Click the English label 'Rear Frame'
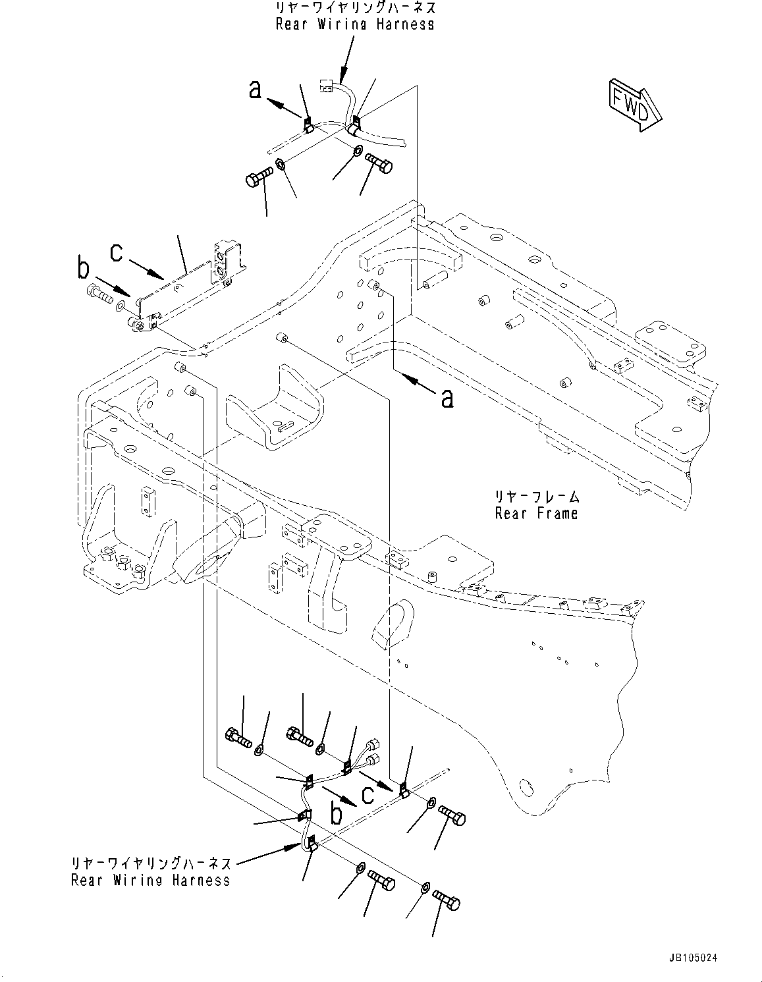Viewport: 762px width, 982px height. tap(536, 513)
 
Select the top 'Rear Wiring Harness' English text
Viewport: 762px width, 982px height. tap(355, 24)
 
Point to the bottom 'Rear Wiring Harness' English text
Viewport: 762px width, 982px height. tap(151, 880)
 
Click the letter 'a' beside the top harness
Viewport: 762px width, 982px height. tap(255, 90)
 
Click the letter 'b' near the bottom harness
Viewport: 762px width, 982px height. tap(337, 814)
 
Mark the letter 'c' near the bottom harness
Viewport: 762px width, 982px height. tap(367, 794)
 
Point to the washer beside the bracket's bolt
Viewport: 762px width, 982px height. tap(121, 306)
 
